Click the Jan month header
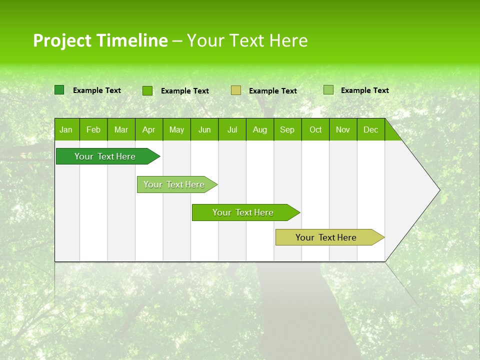point(66,130)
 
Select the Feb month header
point(93,130)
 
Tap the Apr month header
point(148,130)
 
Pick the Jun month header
point(204,130)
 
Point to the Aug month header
point(259,130)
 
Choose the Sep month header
point(287,130)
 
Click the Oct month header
point(315,130)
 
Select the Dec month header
point(370,130)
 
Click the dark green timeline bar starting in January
point(105,156)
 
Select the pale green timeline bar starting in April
point(174,184)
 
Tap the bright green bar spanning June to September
point(243,212)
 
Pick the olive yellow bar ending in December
point(326,237)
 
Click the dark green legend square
point(59,90)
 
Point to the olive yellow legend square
point(236,90)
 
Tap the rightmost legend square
point(328,90)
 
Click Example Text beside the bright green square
point(184,91)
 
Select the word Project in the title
point(62,40)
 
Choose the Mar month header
point(121,130)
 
